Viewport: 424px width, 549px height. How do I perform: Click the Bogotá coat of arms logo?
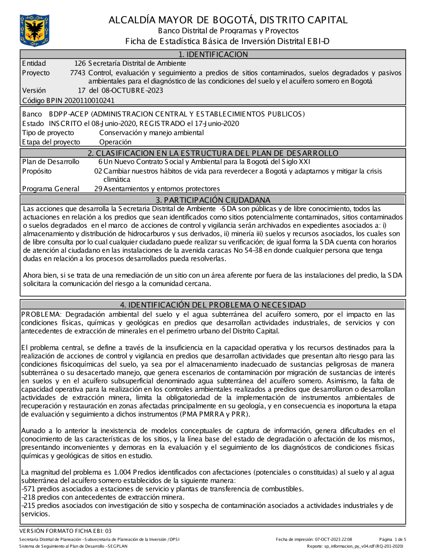pyautogui.click(x=34, y=30)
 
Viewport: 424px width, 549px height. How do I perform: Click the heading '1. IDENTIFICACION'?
pyautogui.click(x=213, y=54)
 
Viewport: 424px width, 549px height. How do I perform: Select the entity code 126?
pyautogui.click(x=80, y=64)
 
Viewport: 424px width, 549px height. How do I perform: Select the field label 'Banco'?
pyautogui.click(x=32, y=114)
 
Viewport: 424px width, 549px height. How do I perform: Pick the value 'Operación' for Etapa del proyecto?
pyautogui.click(x=115, y=142)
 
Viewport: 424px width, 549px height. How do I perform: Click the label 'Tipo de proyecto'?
pyautogui.click(x=48, y=133)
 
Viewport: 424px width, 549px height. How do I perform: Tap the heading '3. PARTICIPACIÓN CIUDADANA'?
pyautogui.click(x=213, y=200)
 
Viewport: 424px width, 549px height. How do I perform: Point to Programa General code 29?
pyautogui.click(x=98, y=189)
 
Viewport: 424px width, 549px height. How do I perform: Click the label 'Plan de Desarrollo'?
pyautogui.click(x=50, y=162)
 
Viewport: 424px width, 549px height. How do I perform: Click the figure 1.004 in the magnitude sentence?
pyautogui.click(x=122, y=472)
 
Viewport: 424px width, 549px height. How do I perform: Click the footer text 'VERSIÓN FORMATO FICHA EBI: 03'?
pyautogui.click(x=65, y=531)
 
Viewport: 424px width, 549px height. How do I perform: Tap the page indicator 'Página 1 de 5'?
pyautogui.click(x=393, y=539)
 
